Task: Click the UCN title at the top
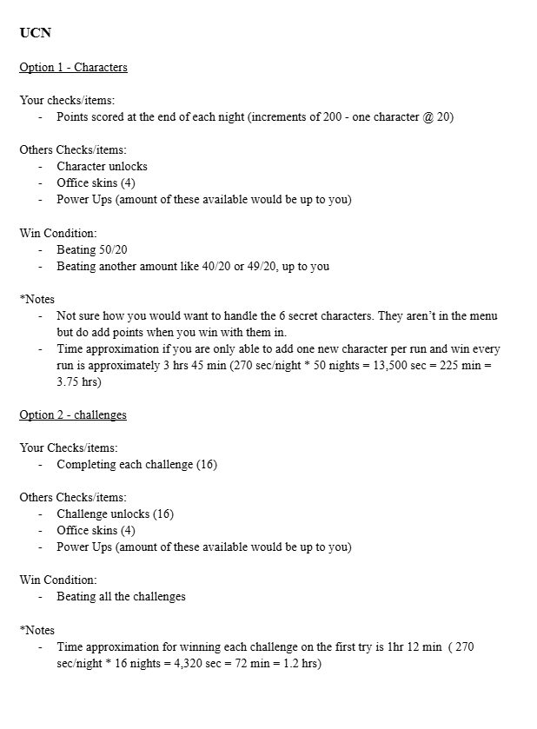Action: [35, 33]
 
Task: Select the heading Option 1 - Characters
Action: [73, 67]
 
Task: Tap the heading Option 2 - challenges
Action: [73, 414]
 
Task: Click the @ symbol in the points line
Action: [429, 116]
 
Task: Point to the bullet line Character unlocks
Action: [102, 166]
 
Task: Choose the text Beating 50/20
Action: [92, 249]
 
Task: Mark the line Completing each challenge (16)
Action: [136, 464]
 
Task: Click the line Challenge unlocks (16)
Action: [115, 514]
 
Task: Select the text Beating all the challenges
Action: [121, 596]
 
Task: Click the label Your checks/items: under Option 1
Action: [67, 100]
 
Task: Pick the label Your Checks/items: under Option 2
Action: [68, 447]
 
